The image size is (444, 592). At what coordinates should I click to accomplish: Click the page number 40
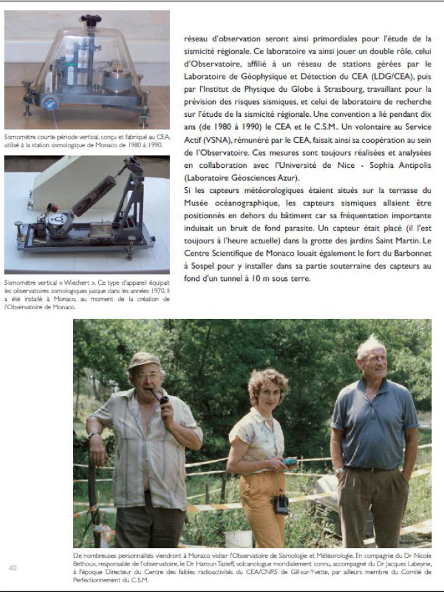click(13, 567)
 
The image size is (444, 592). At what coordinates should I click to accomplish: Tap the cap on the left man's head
click(143, 360)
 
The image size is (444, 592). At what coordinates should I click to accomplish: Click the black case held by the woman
click(281, 504)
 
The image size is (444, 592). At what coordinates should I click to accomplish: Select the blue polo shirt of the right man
click(374, 420)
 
